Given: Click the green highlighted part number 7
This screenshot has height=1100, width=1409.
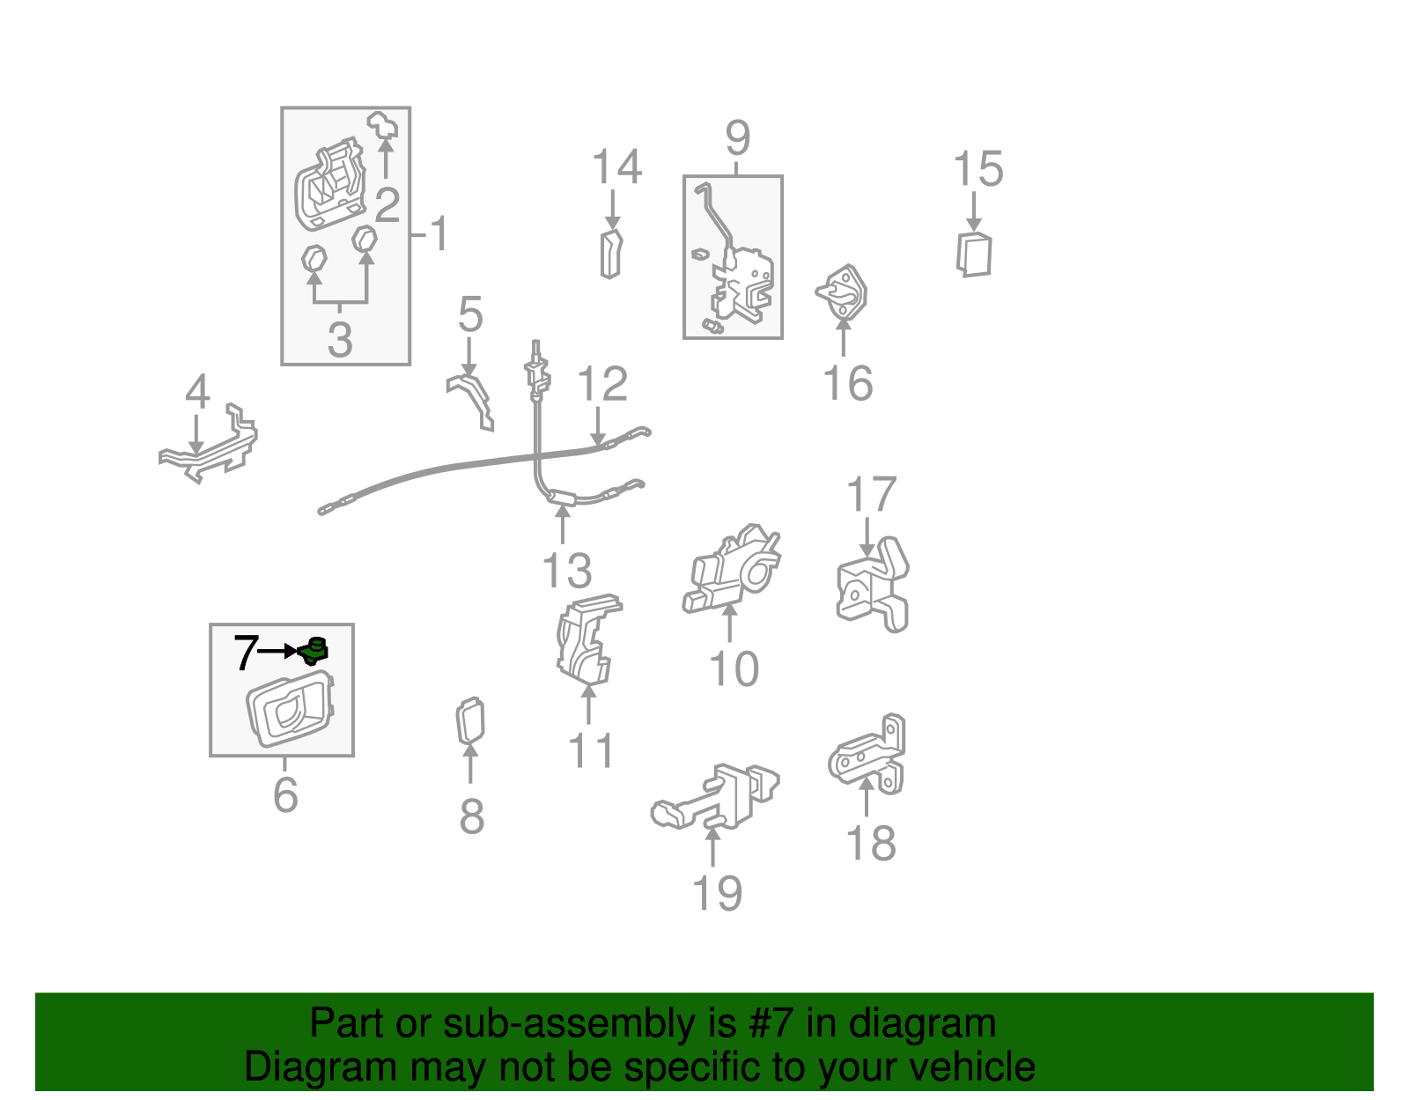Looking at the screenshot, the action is pos(314,651).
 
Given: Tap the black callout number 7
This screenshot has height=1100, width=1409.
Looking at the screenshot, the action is pos(246,652).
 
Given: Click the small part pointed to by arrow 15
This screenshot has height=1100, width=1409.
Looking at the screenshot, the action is pos(974,255).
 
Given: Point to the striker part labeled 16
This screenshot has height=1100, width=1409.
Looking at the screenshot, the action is pos(843,292).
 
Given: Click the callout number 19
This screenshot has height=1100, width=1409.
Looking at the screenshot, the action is pos(717,892).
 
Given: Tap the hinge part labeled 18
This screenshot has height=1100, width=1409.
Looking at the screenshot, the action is pos(867,755).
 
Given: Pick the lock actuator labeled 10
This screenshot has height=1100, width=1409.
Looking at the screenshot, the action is pos(731,568).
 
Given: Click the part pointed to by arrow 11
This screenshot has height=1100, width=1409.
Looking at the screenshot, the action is pos(586,639).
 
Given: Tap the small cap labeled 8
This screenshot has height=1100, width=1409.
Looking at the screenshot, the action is pos(470,720).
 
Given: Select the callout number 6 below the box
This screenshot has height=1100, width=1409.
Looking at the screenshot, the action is pos(285,794).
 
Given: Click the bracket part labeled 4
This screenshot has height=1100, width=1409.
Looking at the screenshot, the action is pos(208,446).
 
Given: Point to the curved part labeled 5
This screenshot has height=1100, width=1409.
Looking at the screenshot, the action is pos(471,402).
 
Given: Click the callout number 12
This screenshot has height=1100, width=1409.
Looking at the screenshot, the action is pos(602,383).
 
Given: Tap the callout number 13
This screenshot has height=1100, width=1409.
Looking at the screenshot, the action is pos(567,571).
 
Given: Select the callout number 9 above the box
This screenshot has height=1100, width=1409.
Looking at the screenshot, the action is pos(738,137).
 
